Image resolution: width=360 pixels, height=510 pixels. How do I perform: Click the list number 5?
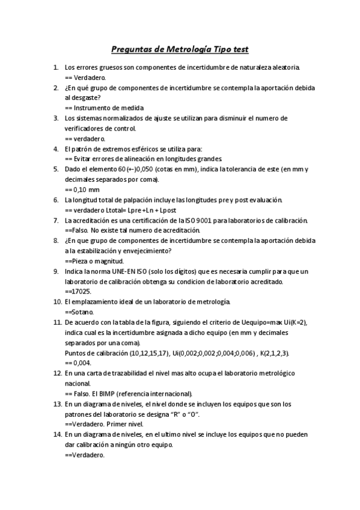point(56,169)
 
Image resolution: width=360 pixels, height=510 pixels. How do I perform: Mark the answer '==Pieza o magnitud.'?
point(94,261)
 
